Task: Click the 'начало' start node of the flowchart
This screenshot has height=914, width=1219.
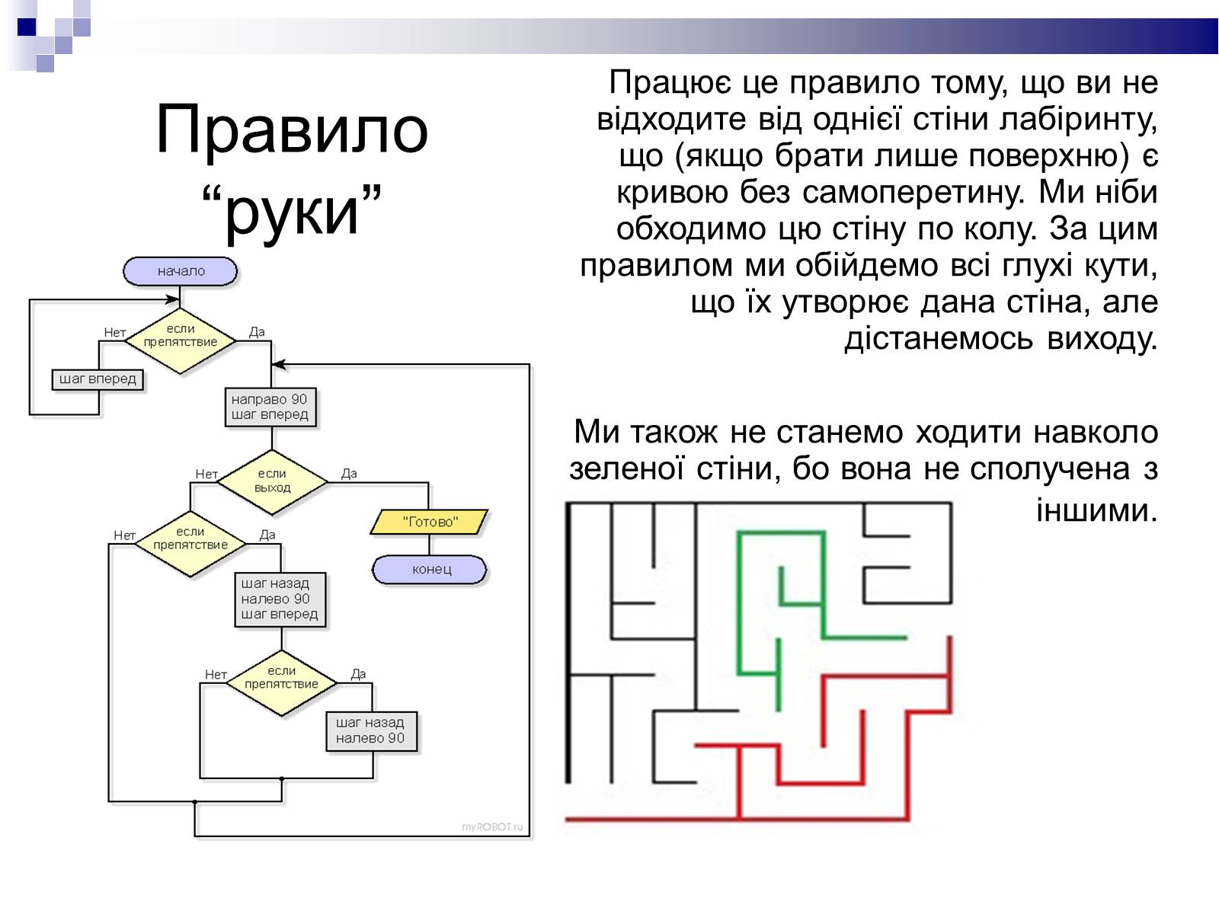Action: pyautogui.click(x=181, y=271)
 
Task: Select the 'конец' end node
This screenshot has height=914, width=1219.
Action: pyautogui.click(x=430, y=570)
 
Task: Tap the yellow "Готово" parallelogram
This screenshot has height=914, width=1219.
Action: pyautogui.click(x=430, y=522)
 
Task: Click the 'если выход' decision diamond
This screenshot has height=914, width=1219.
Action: pyautogui.click(x=272, y=481)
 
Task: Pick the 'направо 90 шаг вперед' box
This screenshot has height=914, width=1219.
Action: pyautogui.click(x=270, y=407)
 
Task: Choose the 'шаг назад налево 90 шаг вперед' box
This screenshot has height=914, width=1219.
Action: pyautogui.click(x=280, y=599)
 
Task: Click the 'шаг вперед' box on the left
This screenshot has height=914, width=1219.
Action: pyautogui.click(x=98, y=379)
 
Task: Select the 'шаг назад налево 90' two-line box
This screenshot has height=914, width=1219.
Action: pyautogui.click(x=371, y=730)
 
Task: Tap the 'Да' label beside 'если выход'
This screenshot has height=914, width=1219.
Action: pyautogui.click(x=349, y=473)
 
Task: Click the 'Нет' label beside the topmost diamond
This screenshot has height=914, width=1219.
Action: pyautogui.click(x=114, y=332)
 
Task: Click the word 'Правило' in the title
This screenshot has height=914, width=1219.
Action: pyautogui.click(x=292, y=129)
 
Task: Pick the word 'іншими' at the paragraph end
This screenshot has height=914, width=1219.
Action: pyautogui.click(x=1096, y=510)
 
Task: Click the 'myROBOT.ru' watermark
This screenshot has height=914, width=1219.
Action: pyautogui.click(x=493, y=827)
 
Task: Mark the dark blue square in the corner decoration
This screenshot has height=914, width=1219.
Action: pyautogui.click(x=27, y=27)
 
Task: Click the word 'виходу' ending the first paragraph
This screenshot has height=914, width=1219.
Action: pyautogui.click(x=1102, y=339)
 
